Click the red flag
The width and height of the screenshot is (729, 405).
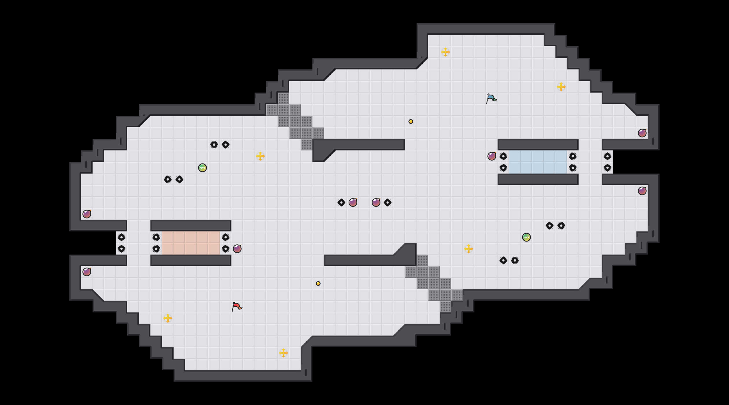coord(237,307)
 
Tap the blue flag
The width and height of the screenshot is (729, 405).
coord(491,98)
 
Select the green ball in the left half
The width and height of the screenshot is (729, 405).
coord(203,168)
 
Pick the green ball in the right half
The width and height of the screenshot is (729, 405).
coord(526,237)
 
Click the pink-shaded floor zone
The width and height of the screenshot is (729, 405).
coord(191,243)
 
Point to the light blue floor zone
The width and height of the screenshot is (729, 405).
coord(538,162)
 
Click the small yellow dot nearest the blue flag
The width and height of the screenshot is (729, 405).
coord(411,122)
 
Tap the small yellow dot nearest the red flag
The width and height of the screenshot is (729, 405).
coord(318,283)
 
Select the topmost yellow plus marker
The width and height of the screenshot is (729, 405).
coord(446,52)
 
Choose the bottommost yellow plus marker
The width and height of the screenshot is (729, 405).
coord(283,353)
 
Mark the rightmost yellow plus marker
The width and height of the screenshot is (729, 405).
coord(561,87)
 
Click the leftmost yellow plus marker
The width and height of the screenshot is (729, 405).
coord(168,318)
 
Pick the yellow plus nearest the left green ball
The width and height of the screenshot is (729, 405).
coord(260,156)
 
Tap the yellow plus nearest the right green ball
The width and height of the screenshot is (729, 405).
coord(469,249)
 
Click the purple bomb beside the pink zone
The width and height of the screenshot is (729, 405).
coord(237,249)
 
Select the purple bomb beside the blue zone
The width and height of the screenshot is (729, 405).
coord(492,156)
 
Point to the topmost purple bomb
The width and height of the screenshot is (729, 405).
coord(642,133)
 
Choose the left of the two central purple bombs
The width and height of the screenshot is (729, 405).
coord(353,203)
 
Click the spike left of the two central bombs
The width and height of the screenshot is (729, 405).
coord(341,203)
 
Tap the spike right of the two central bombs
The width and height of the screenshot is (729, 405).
coord(388,203)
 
